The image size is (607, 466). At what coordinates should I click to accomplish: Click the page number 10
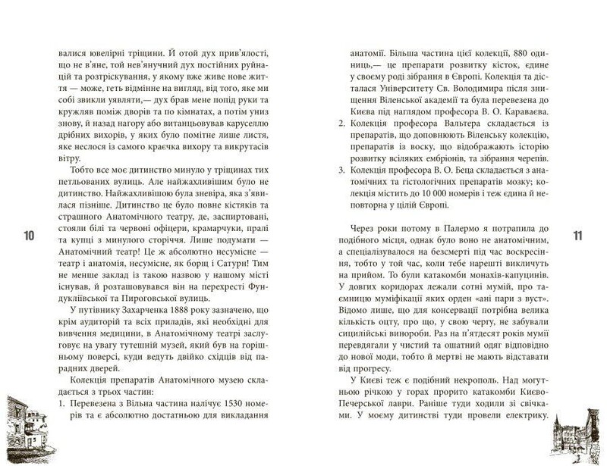tap(28, 236)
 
